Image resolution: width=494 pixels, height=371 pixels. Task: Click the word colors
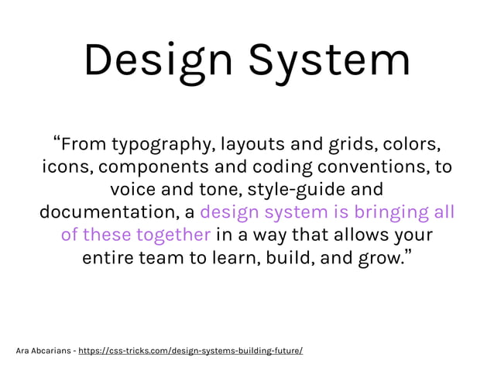pyautogui.click(x=415, y=144)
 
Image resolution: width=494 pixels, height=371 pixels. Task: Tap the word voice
pyautogui.click(x=134, y=189)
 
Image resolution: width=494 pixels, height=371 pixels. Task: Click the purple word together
pyautogui.click(x=173, y=234)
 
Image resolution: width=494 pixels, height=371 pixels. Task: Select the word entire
pyautogui.click(x=108, y=256)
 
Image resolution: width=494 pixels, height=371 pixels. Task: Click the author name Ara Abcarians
pyautogui.click(x=43, y=350)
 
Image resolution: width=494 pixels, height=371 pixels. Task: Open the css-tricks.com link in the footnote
pyautogui.click(x=190, y=350)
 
